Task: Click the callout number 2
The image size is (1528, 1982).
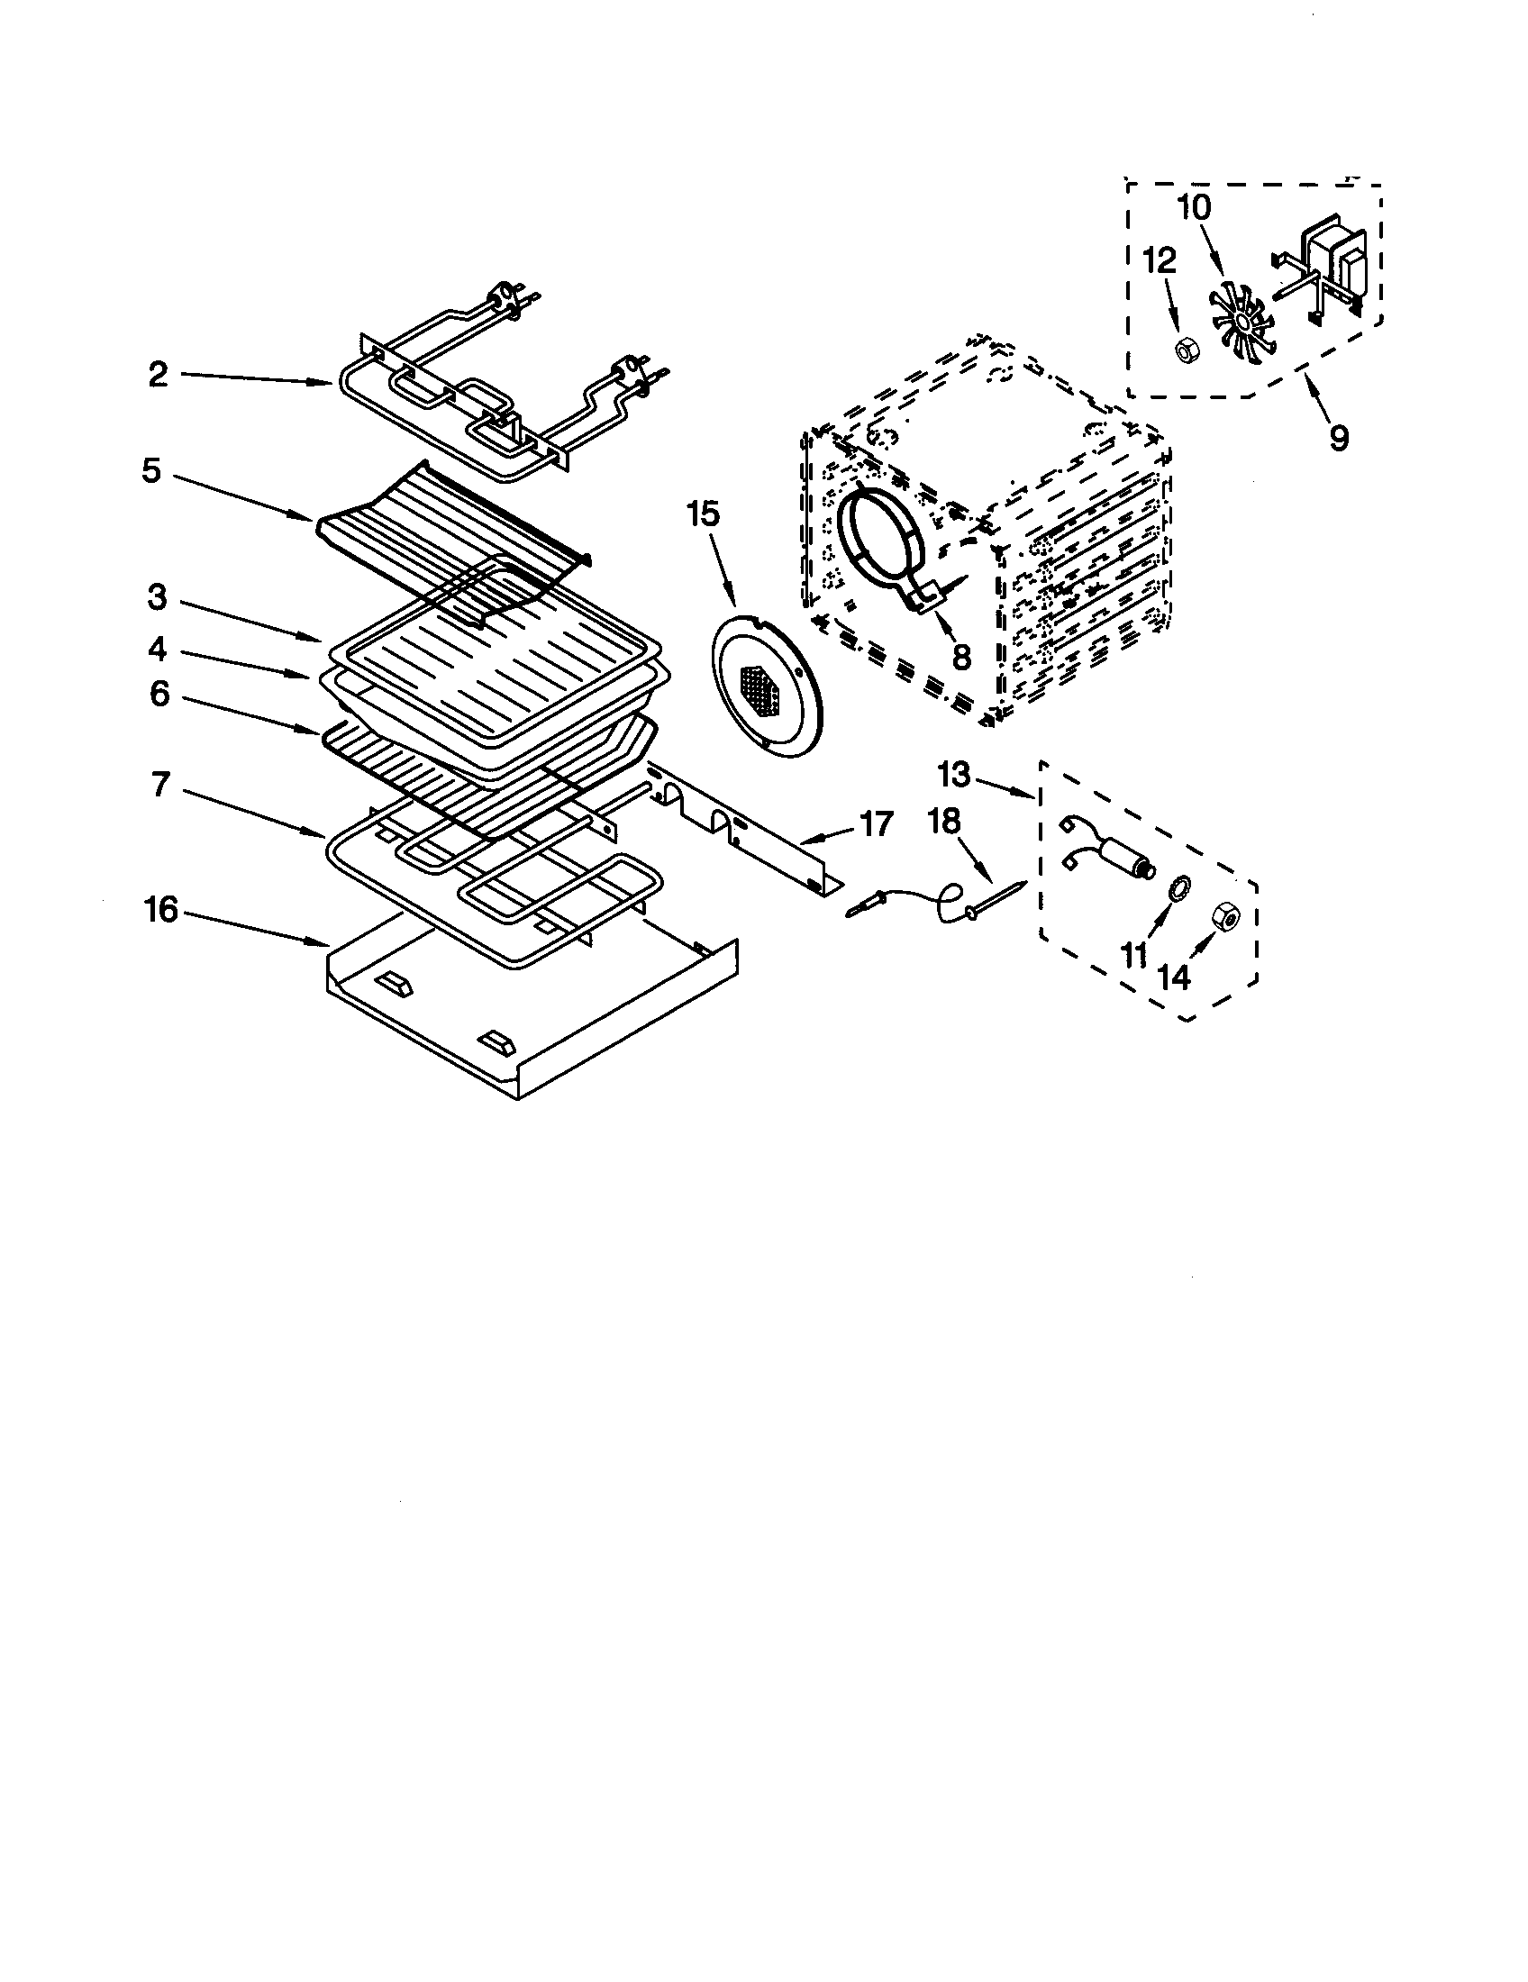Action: [159, 375]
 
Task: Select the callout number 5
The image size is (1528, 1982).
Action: [151, 471]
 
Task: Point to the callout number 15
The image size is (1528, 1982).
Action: [704, 514]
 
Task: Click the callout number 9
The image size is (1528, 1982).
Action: [1339, 439]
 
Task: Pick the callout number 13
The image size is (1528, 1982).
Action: [953, 775]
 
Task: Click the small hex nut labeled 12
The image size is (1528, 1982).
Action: [1186, 349]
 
